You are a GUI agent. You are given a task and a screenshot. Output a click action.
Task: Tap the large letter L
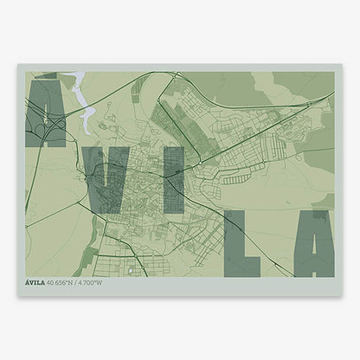(x=238, y=244)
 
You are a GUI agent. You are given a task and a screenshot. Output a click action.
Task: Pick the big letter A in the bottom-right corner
(x=313, y=244)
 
